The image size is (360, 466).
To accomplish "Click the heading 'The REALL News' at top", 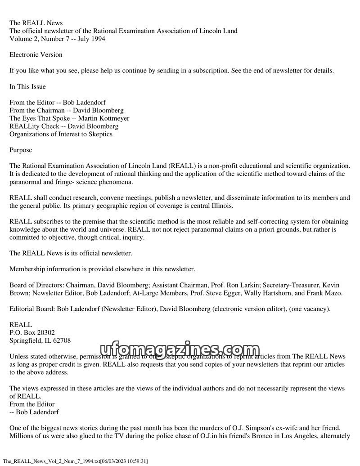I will [36, 23].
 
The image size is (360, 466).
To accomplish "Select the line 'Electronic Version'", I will [36, 55].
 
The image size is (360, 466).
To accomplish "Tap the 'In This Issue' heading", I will [27, 86].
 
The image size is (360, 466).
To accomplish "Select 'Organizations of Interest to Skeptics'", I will [61, 134].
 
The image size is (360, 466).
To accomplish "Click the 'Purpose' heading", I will [21, 150].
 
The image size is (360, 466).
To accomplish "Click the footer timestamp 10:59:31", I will [135, 461].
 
